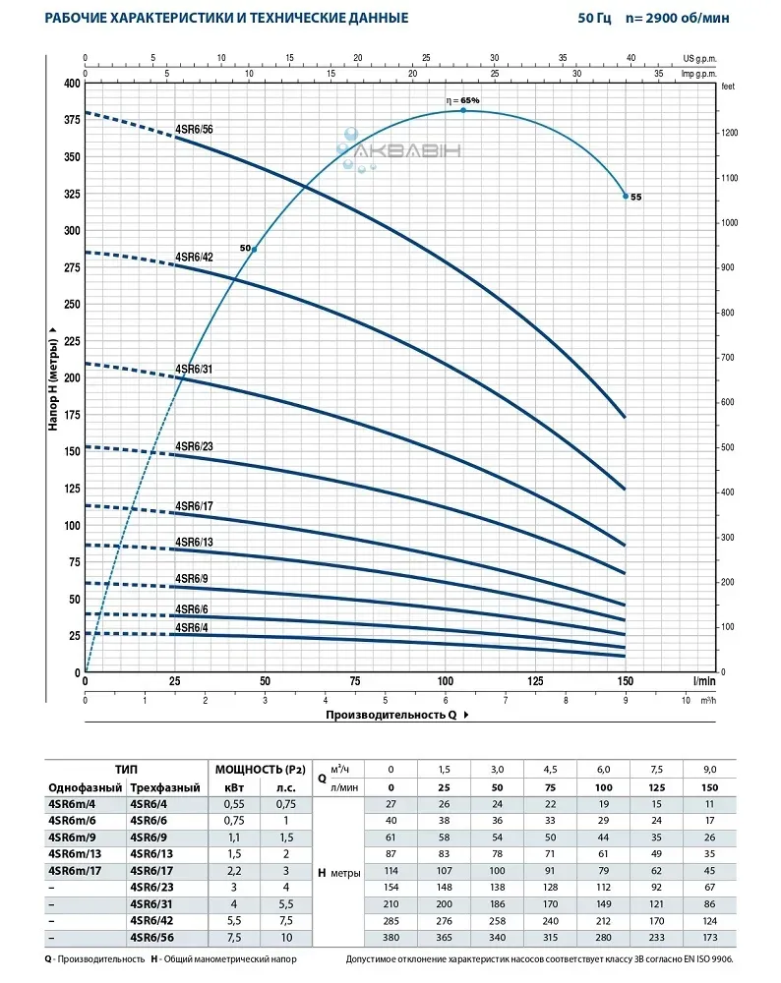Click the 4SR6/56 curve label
tap(194, 129)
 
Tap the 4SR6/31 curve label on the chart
tap(194, 369)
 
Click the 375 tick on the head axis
tap(70, 120)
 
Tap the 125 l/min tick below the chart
tap(535, 681)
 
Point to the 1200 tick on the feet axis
tap(729, 133)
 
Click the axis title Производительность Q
tap(391, 715)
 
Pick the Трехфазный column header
tap(165, 788)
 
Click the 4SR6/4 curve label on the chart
tap(191, 627)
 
